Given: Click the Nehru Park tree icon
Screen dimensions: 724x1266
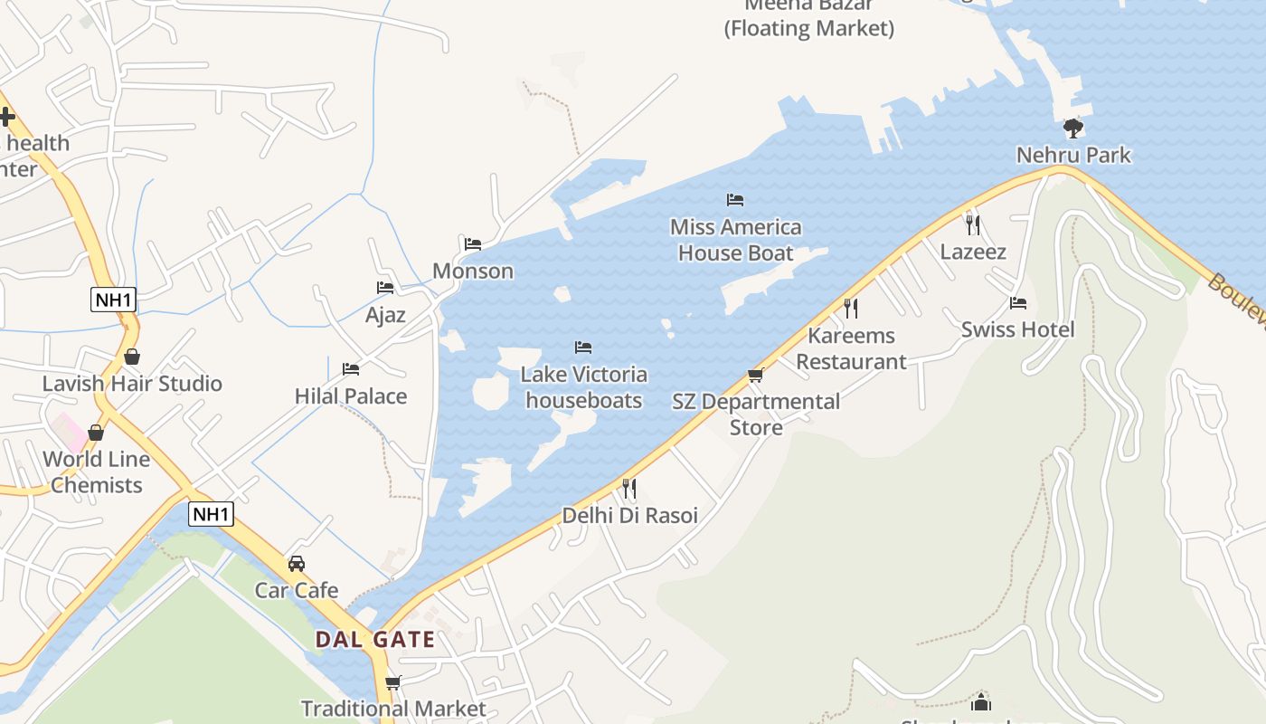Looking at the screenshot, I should tap(1073, 128).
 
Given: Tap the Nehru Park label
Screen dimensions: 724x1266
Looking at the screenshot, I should tap(1073, 155).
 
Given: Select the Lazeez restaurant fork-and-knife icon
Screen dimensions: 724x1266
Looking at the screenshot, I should tap(973, 224).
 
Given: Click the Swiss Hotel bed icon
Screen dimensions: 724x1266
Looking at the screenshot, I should tap(1018, 303).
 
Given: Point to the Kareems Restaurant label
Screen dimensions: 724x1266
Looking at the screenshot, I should tap(851, 348).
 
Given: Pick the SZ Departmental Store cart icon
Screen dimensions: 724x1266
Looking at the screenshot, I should tap(756, 375).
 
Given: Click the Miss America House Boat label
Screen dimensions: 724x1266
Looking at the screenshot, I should tap(736, 240).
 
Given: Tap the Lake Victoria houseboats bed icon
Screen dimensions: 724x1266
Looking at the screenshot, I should tap(583, 348).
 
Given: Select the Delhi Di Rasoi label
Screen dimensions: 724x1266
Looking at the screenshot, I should tap(630, 516).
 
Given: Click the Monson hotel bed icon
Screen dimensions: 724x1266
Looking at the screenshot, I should tap(473, 243).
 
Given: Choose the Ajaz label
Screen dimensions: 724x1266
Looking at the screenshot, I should tap(385, 315).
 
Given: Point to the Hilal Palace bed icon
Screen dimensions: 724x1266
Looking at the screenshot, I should tap(351, 369).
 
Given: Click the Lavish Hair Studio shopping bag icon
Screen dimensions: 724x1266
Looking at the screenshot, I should tap(132, 357).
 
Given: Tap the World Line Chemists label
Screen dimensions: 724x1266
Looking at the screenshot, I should tap(97, 472).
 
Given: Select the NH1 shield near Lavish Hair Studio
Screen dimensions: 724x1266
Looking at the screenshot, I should tap(113, 300).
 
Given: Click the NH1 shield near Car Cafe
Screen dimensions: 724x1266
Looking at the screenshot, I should tap(212, 514).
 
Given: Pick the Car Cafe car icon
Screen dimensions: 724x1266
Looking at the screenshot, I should tap(297, 564).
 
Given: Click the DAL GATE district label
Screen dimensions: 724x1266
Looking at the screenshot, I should tap(375, 640).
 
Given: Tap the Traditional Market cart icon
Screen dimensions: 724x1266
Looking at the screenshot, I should tap(392, 682).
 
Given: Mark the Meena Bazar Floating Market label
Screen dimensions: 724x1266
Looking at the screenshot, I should tap(809, 17).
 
